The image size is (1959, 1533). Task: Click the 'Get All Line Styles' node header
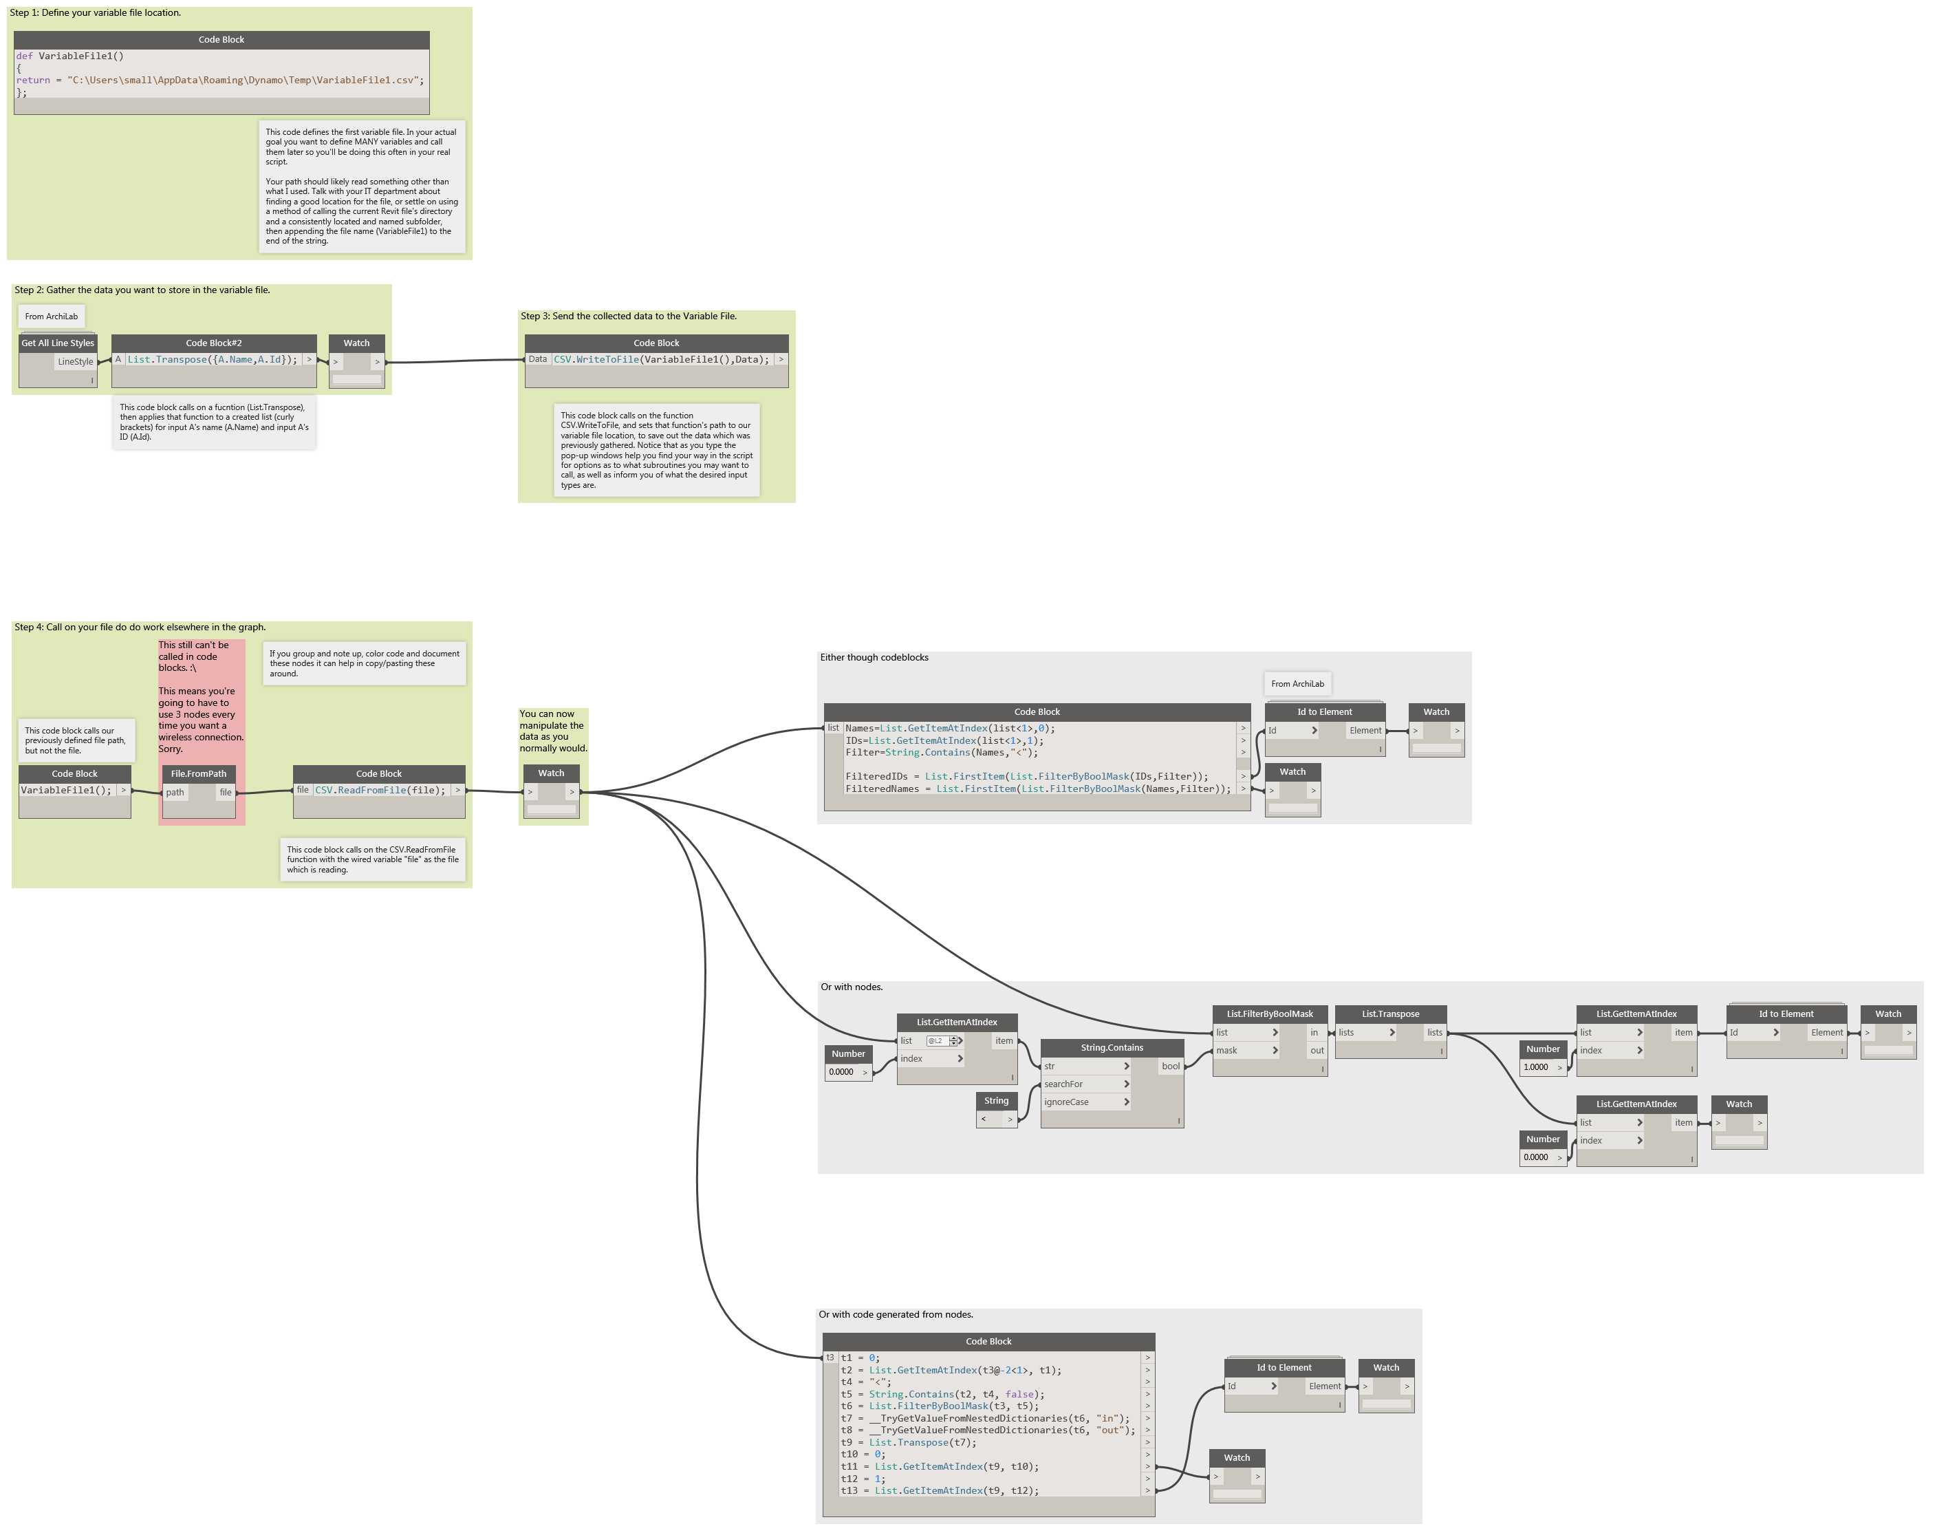click(57, 343)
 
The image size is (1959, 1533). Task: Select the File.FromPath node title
click(198, 773)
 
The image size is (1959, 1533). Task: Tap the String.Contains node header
click(1112, 1047)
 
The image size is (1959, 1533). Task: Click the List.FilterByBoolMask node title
click(1270, 1014)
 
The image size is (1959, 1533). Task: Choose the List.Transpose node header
click(1390, 1014)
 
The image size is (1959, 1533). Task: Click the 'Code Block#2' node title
click(214, 343)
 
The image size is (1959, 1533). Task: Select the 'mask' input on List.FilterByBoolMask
click(1246, 1050)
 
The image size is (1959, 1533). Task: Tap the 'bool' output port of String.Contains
click(1170, 1066)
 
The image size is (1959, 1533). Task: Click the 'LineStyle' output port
click(76, 362)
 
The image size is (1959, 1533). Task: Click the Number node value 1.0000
click(1537, 1067)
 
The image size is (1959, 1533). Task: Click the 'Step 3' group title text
click(628, 316)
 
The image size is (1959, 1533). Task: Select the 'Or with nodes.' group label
click(852, 987)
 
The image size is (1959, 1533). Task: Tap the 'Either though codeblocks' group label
click(874, 658)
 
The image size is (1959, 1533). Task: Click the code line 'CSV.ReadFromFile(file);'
click(380, 791)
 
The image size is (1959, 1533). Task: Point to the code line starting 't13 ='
click(940, 1491)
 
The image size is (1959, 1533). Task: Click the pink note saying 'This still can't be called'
click(201, 696)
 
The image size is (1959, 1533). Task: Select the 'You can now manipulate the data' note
click(553, 731)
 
